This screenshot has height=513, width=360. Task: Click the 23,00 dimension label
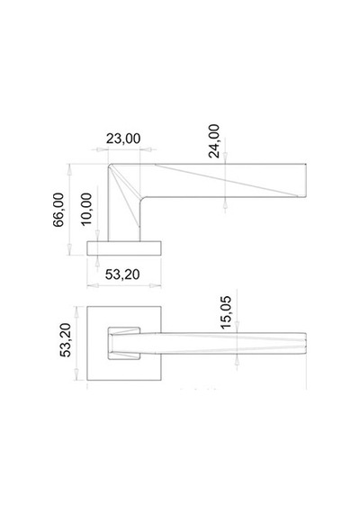123,139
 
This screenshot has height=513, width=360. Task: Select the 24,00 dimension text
214,141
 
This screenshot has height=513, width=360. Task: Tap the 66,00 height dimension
58,210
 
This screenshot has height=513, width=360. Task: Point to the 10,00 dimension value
86,209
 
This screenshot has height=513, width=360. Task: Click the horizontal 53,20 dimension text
122,274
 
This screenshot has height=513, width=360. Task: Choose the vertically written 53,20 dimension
66,339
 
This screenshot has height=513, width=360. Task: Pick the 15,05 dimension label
226,312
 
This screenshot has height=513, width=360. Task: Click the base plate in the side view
124,248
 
